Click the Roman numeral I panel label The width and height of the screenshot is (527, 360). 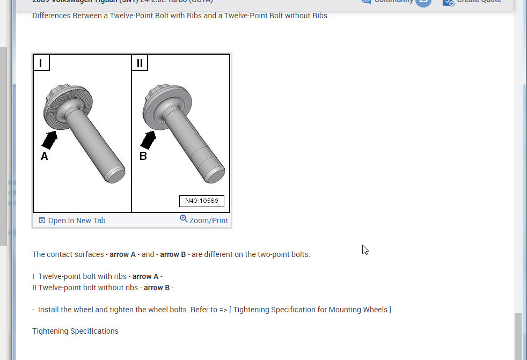[x=41, y=63]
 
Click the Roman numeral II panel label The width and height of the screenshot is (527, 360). [x=140, y=63]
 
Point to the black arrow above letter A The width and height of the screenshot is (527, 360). [x=50, y=140]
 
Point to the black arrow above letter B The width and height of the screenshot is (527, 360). [x=148, y=139]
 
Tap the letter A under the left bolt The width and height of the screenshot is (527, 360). [x=45, y=157]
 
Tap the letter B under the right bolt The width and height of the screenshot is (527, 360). [x=143, y=157]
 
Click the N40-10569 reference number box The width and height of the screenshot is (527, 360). [x=201, y=201]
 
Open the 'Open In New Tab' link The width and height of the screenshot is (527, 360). [x=77, y=221]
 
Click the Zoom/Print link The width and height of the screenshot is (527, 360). [x=208, y=221]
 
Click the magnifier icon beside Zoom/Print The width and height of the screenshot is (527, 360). [x=184, y=219]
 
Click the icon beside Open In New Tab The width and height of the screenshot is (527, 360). [x=42, y=220]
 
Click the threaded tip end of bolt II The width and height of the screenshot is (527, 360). [x=215, y=175]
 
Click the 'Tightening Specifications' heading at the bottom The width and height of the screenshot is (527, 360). [x=75, y=331]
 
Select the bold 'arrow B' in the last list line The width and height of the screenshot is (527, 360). [x=157, y=288]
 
